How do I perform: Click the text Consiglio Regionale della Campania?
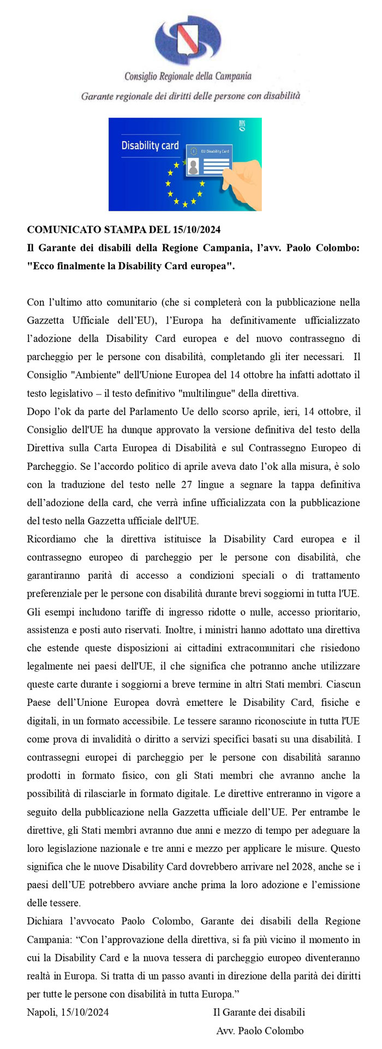click(x=188, y=76)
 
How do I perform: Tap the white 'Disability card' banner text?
click(x=150, y=146)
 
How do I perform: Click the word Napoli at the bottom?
click(x=40, y=1012)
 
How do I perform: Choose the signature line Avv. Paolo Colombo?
click(x=260, y=1031)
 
